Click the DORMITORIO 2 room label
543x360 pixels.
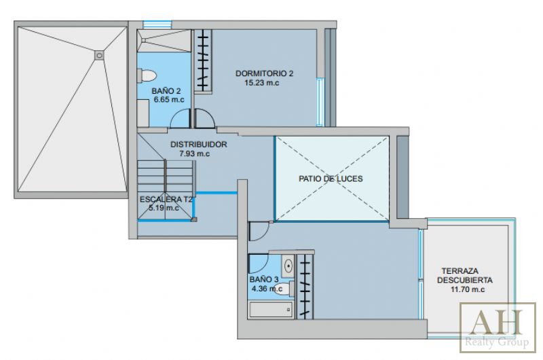264,73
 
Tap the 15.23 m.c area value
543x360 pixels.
262,83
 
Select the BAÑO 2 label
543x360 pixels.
166,91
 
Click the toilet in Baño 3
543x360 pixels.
282,288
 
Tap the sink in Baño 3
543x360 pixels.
288,266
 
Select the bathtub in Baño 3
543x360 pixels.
271,310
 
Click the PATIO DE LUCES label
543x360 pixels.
331,179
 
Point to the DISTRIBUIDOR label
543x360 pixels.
199,145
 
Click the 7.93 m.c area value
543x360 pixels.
195,154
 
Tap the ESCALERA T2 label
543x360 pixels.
166,199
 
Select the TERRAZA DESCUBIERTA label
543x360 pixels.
465,276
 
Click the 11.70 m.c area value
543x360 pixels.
468,289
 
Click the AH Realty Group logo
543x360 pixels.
498,327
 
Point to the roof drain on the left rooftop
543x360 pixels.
99,55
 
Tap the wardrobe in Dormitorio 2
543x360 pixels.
203,60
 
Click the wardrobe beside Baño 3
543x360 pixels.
305,287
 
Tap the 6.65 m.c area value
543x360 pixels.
169,100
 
